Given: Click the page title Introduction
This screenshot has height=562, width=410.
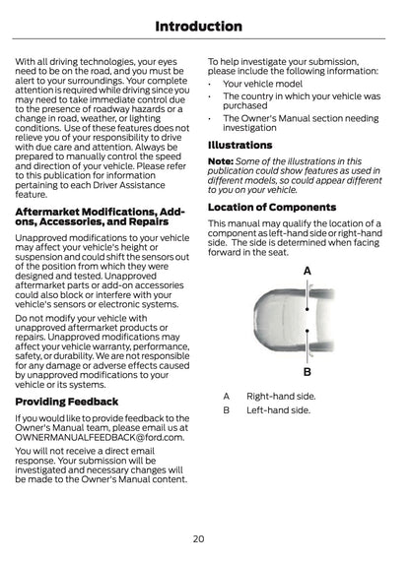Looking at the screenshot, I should (204, 26).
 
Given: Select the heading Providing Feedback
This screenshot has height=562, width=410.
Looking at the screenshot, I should (67, 402).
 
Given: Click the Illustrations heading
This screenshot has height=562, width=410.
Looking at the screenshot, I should (240, 145).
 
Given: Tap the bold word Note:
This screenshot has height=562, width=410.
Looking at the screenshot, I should (221, 161).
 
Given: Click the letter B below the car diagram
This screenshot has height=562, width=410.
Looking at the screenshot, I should (307, 372).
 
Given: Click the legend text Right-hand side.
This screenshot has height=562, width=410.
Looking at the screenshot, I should (281, 396).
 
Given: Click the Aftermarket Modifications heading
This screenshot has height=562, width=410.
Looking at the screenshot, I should (99, 217).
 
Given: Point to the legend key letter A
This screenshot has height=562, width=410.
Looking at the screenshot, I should (227, 396).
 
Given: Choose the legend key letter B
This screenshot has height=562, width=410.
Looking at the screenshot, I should (227, 409).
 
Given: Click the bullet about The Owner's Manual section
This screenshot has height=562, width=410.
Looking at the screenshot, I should (301, 122).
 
